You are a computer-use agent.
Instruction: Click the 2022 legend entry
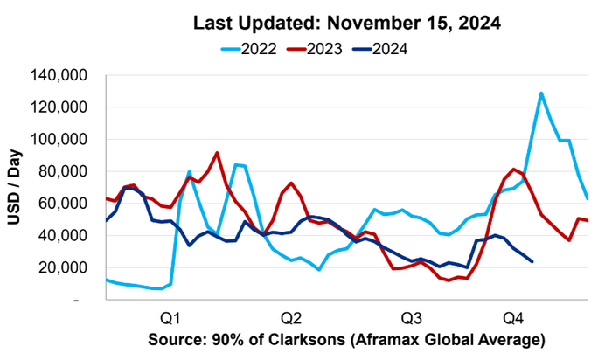point(260,48)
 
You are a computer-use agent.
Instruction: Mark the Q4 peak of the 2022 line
point(541,93)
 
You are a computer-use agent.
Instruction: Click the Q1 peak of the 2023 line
point(217,153)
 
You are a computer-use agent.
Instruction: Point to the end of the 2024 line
point(532,261)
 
